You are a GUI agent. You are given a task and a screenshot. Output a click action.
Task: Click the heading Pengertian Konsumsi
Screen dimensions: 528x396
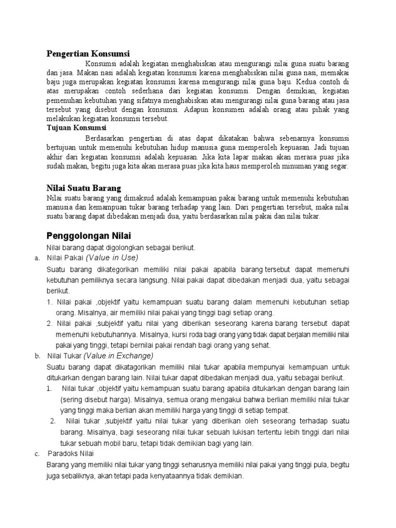coord(88,54)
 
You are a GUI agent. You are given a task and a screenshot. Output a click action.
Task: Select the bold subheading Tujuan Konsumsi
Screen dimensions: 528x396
coord(76,127)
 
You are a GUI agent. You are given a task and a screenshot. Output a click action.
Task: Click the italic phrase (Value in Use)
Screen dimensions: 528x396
coord(112,257)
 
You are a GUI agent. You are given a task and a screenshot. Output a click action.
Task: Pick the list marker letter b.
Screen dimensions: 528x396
coord(38,356)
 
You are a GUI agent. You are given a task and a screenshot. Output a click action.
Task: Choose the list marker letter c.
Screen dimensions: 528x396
coord(37,454)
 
